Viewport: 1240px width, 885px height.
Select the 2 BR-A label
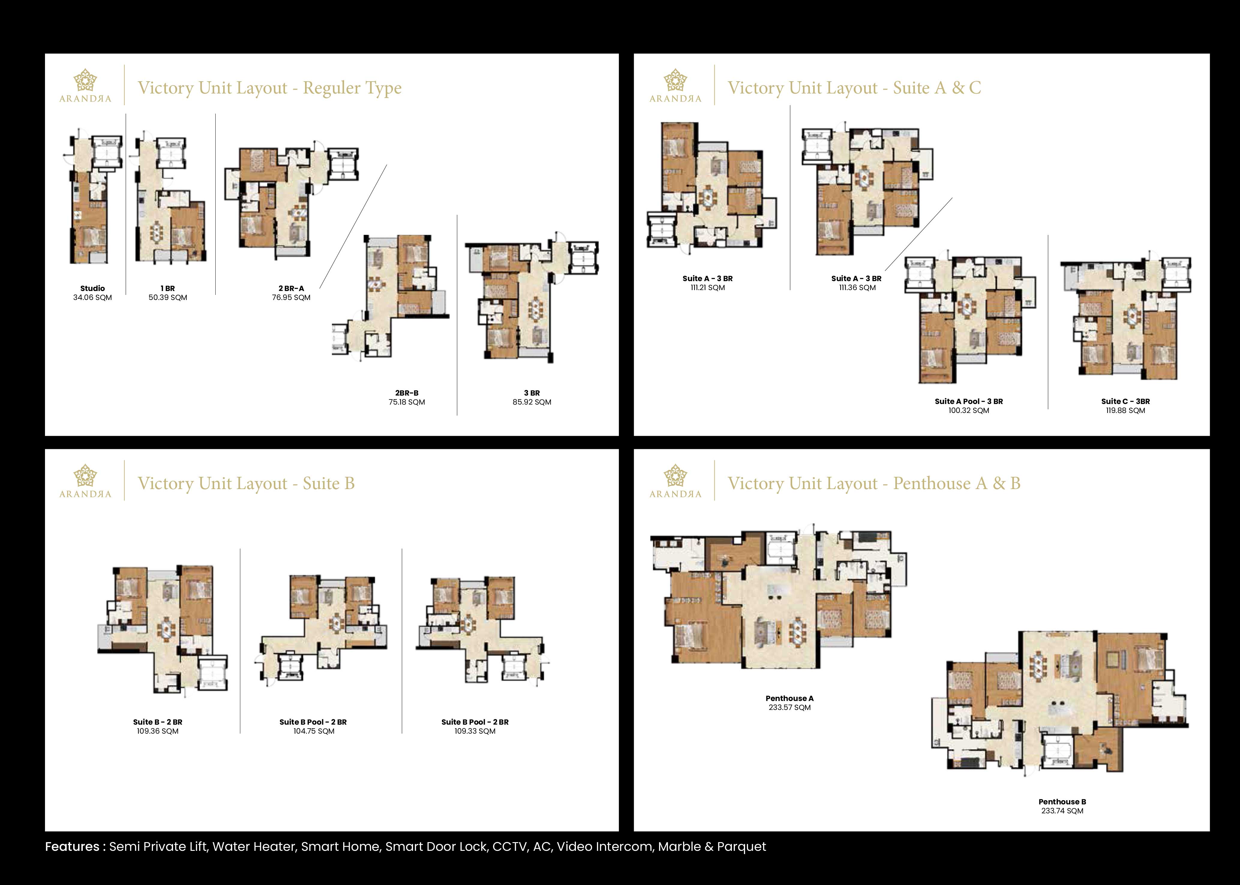[291, 288]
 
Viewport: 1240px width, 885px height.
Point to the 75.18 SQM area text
[407, 402]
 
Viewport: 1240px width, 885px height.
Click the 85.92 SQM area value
[532, 402]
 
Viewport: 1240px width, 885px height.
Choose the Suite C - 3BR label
[1125, 401]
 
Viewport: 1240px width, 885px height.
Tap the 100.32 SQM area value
[969, 410]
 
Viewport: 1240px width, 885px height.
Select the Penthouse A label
[789, 698]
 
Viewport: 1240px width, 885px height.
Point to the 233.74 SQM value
[1062, 811]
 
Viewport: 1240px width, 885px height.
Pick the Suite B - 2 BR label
[157, 722]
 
